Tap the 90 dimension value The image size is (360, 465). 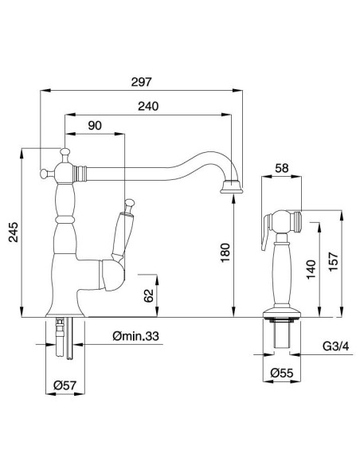[x=95, y=127]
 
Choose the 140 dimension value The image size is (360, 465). [x=309, y=272]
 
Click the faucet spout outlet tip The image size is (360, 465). [x=232, y=188]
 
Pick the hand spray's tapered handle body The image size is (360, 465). [x=281, y=271]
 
